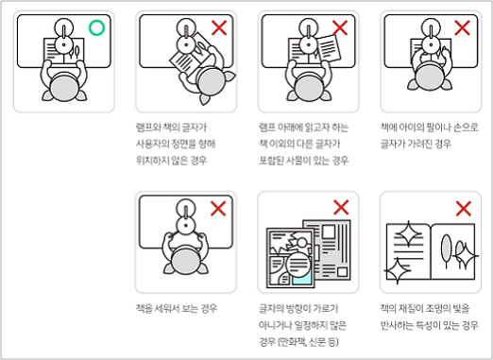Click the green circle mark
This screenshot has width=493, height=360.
pos(96,27)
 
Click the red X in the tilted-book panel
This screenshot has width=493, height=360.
pos(219,27)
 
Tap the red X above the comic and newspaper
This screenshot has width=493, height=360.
pos(341,207)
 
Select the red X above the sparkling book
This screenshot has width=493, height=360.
pos(464,209)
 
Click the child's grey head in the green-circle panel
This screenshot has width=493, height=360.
pos(64,89)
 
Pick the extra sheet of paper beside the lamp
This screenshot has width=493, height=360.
pos(329,48)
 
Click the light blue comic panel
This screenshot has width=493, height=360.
pos(302,273)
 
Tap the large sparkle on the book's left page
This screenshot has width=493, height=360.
pos(408,233)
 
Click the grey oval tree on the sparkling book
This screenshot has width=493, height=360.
pos(446,248)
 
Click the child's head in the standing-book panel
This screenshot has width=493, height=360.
pos(186,261)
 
